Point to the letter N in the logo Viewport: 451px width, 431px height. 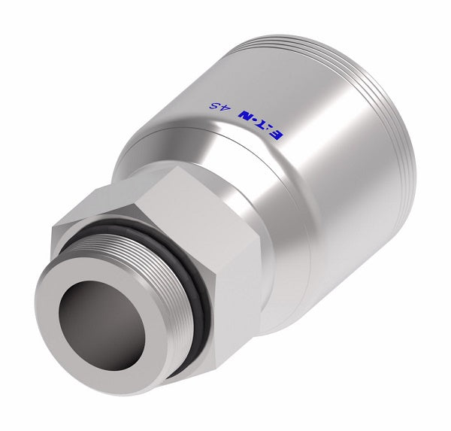245,116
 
